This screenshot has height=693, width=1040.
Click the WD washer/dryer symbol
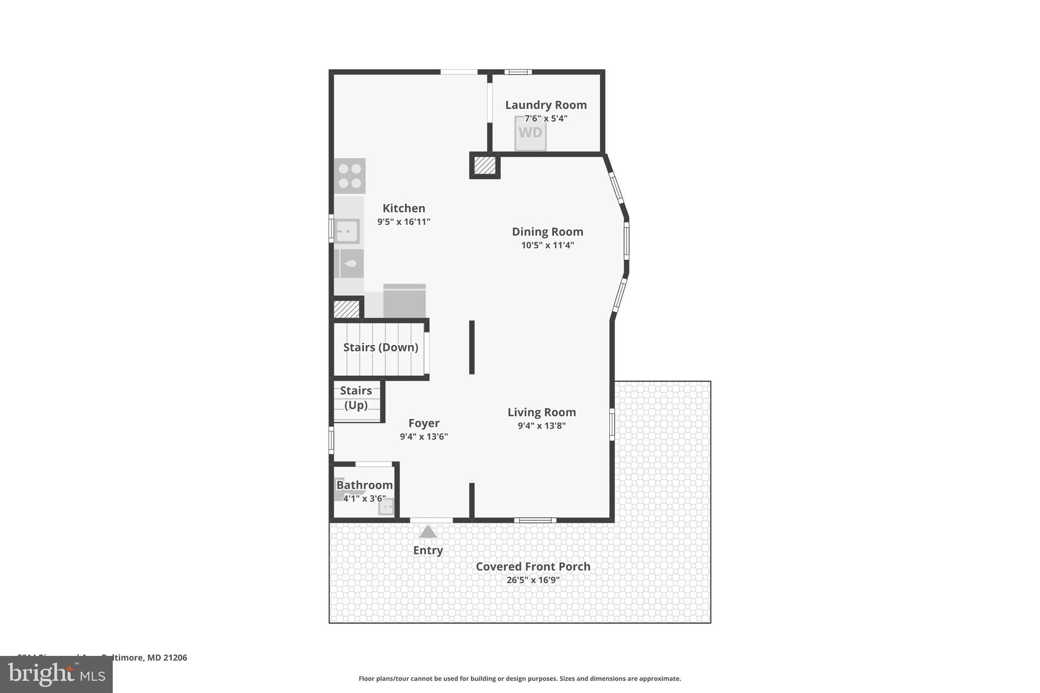(x=530, y=133)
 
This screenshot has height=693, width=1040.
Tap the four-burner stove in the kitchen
(x=349, y=176)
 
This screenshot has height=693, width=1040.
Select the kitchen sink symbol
(x=348, y=232)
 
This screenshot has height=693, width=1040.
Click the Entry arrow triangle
(x=428, y=532)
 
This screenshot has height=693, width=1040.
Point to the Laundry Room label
(x=546, y=105)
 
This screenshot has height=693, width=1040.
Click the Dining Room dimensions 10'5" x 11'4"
(x=547, y=245)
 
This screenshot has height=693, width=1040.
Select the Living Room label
(x=541, y=412)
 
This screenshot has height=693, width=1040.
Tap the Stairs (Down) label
(x=380, y=347)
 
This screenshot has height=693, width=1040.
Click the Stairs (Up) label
(x=355, y=398)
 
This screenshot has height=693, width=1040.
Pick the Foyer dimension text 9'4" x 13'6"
(x=424, y=437)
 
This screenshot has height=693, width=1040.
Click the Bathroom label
(x=364, y=485)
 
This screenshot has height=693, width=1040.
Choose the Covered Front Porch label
(x=533, y=567)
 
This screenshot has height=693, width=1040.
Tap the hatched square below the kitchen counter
(x=346, y=309)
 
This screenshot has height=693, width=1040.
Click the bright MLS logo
(x=56, y=674)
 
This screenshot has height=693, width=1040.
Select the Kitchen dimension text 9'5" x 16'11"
(x=404, y=222)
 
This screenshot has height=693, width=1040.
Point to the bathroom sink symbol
(x=386, y=507)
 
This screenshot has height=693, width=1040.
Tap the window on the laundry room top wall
(x=517, y=72)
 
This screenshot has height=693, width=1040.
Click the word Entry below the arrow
(x=428, y=550)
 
